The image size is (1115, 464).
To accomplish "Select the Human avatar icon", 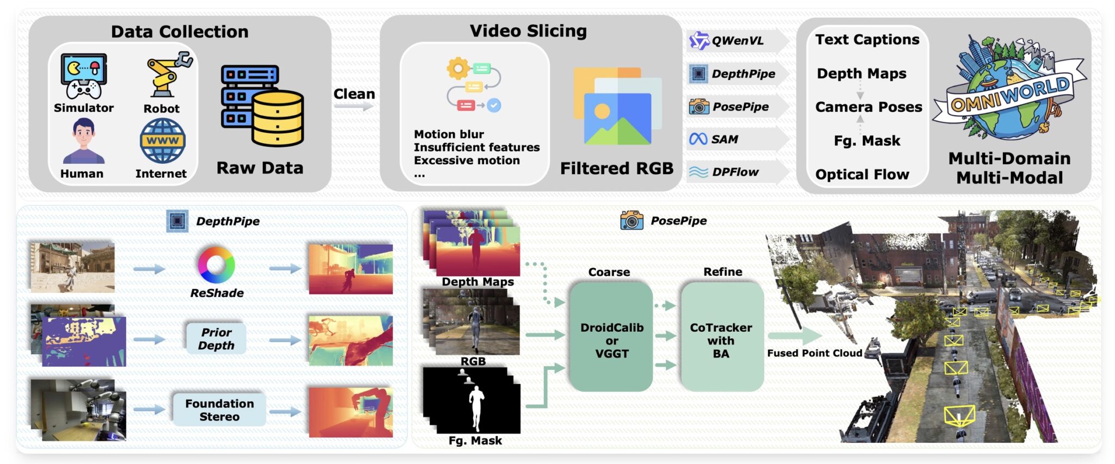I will point(83,141).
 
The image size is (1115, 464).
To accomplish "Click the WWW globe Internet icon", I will point(162,141).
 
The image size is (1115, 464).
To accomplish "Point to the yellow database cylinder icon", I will point(277,118).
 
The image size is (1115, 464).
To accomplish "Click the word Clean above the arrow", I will point(354,94).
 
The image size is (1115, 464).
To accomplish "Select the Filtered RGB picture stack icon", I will point(616,107).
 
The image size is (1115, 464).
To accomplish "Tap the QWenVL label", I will point(737,41).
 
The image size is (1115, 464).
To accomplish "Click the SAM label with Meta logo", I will point(724,139).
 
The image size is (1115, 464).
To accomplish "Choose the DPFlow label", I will point(734,172).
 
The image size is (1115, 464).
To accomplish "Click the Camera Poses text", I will point(868,107).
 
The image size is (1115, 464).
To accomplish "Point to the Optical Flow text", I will point(862,175).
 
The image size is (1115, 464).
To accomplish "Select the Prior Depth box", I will point(216,339).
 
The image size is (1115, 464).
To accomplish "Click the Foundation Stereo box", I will point(219,410).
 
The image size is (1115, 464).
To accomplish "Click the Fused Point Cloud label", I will point(814,353).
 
